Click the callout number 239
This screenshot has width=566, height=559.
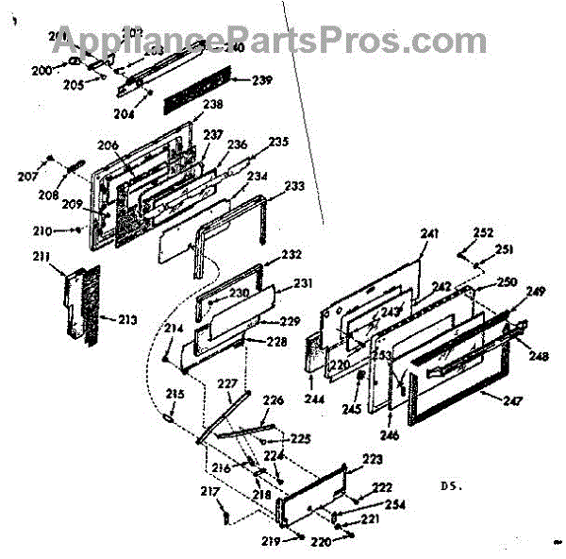click(x=261, y=80)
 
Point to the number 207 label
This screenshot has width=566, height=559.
click(x=27, y=177)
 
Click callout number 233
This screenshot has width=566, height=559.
click(x=294, y=187)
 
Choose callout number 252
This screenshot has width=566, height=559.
click(x=483, y=232)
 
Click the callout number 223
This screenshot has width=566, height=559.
click(x=373, y=459)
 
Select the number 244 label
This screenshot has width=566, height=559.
click(x=312, y=399)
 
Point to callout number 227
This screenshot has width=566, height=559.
click(x=227, y=383)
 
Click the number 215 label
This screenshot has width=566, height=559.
click(x=175, y=394)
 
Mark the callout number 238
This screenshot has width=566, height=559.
click(x=213, y=105)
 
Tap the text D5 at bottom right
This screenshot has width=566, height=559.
click(x=451, y=487)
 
